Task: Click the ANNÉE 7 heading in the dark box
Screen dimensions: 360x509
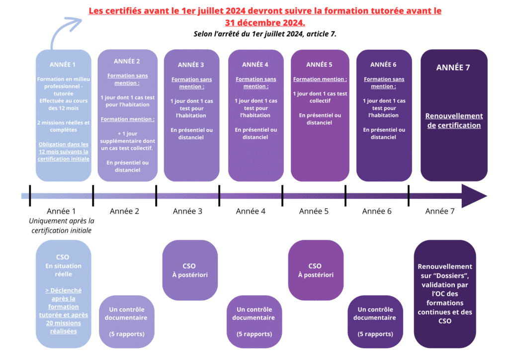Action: pos(453,68)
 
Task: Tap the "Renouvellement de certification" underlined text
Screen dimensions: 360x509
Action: pos(454,121)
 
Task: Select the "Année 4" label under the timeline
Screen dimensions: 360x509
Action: pos(251,211)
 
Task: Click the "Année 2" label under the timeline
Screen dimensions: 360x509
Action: pos(124,211)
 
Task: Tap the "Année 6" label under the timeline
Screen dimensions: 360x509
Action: pos(377,211)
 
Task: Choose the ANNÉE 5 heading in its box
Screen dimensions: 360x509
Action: pos(319,65)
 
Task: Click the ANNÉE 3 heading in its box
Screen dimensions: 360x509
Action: pos(191,65)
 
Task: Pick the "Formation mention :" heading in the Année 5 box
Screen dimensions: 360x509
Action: pos(320,79)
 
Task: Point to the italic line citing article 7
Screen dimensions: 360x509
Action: pos(265,34)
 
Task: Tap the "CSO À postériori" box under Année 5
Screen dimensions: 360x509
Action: pos(315,270)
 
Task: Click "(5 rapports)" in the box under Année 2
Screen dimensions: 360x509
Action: pos(127,334)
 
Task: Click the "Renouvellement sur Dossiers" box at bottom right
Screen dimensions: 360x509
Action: pos(445,294)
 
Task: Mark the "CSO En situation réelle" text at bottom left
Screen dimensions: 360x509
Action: pos(63,266)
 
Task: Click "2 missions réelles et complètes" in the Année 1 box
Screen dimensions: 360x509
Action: pos(63,126)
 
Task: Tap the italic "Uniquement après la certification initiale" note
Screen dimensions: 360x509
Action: pos(62,225)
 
